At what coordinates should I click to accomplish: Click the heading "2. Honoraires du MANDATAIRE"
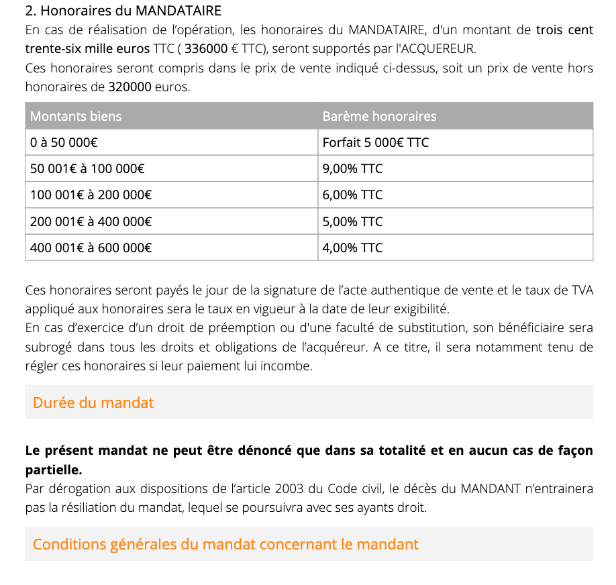click(x=123, y=11)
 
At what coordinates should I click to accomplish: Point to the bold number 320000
click(x=130, y=87)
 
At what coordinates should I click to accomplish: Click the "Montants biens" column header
click(x=76, y=116)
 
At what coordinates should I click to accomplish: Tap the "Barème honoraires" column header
click(x=379, y=116)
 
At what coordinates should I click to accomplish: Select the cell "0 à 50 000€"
click(x=64, y=142)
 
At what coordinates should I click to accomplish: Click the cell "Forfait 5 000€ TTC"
click(x=375, y=142)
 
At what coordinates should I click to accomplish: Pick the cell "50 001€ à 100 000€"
click(x=89, y=169)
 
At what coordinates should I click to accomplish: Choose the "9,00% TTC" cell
click(x=352, y=169)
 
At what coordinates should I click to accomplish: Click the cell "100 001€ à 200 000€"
click(x=91, y=195)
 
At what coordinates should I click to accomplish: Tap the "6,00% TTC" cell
click(x=352, y=195)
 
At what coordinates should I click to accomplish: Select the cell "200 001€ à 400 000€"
click(x=91, y=221)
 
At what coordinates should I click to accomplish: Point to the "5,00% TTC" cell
click(x=352, y=221)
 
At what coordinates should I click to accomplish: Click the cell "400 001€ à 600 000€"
click(x=91, y=248)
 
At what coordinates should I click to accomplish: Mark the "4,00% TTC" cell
click(x=352, y=248)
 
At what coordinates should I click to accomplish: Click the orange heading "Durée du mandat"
click(x=93, y=403)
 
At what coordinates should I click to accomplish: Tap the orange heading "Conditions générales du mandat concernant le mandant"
click(x=225, y=544)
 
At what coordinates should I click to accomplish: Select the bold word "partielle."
click(x=54, y=469)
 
